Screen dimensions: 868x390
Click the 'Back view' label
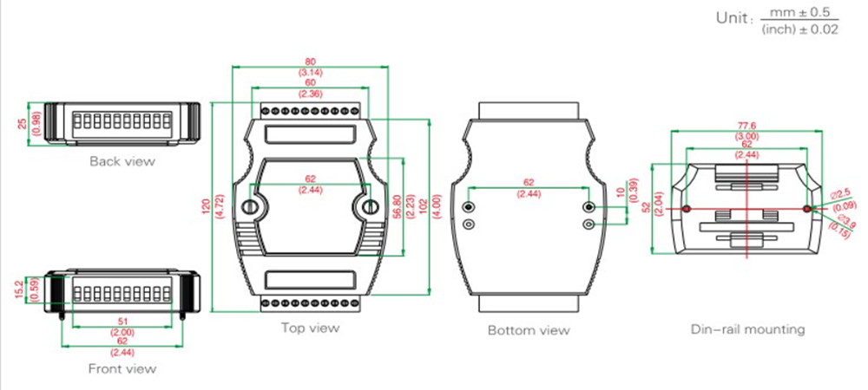(122, 161)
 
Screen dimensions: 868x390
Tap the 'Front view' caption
(122, 368)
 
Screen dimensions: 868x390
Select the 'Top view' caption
(310, 328)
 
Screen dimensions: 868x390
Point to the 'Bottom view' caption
(529, 330)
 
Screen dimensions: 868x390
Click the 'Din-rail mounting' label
(748, 329)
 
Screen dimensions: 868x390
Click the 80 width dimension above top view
(310, 62)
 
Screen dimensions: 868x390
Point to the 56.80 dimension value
(397, 207)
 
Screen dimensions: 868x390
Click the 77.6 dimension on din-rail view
(746, 126)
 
